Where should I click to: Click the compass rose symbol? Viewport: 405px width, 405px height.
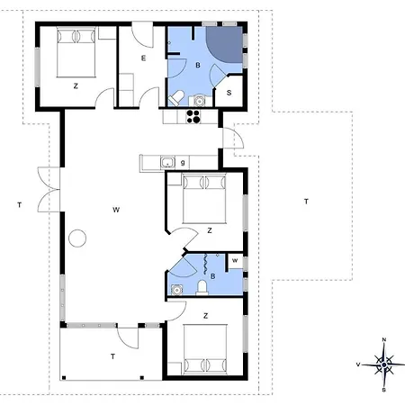tap(384, 364)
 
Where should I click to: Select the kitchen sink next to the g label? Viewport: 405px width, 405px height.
tap(166, 162)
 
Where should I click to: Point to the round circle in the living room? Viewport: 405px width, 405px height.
tap(78, 238)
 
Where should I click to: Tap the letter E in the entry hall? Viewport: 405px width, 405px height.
tap(143, 58)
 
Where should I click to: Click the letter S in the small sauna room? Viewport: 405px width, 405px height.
tap(229, 92)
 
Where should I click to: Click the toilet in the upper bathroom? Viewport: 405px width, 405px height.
tap(179, 97)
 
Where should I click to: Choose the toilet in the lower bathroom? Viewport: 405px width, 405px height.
tap(204, 286)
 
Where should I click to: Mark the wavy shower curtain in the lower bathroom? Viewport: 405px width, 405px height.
tap(210, 265)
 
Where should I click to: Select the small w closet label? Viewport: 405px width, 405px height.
tap(234, 262)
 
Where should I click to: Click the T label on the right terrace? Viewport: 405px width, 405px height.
tap(306, 200)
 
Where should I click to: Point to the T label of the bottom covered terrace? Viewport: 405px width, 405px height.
tap(112, 357)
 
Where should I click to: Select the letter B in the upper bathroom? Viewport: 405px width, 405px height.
tap(197, 66)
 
